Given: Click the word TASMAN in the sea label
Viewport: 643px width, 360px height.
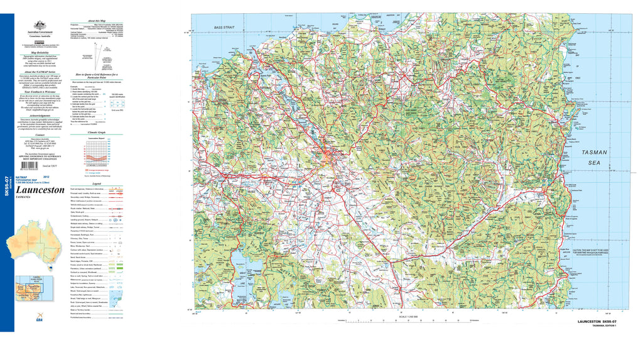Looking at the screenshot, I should click(x=593, y=153).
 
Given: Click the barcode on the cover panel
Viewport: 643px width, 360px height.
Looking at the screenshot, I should click(x=29, y=170).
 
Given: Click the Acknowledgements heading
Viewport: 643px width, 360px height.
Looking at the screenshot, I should click(x=40, y=115).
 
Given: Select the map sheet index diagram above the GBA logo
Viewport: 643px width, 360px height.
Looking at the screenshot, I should click(x=40, y=290).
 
